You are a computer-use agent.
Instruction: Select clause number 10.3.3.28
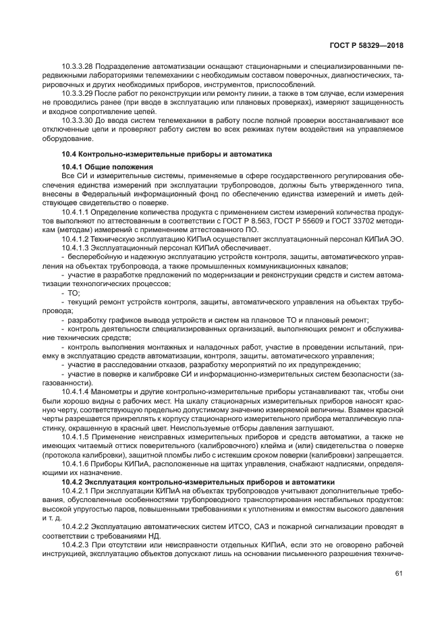[76, 66]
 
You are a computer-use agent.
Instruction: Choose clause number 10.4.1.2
[74, 238]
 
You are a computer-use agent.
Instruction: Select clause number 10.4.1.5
[74, 437]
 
